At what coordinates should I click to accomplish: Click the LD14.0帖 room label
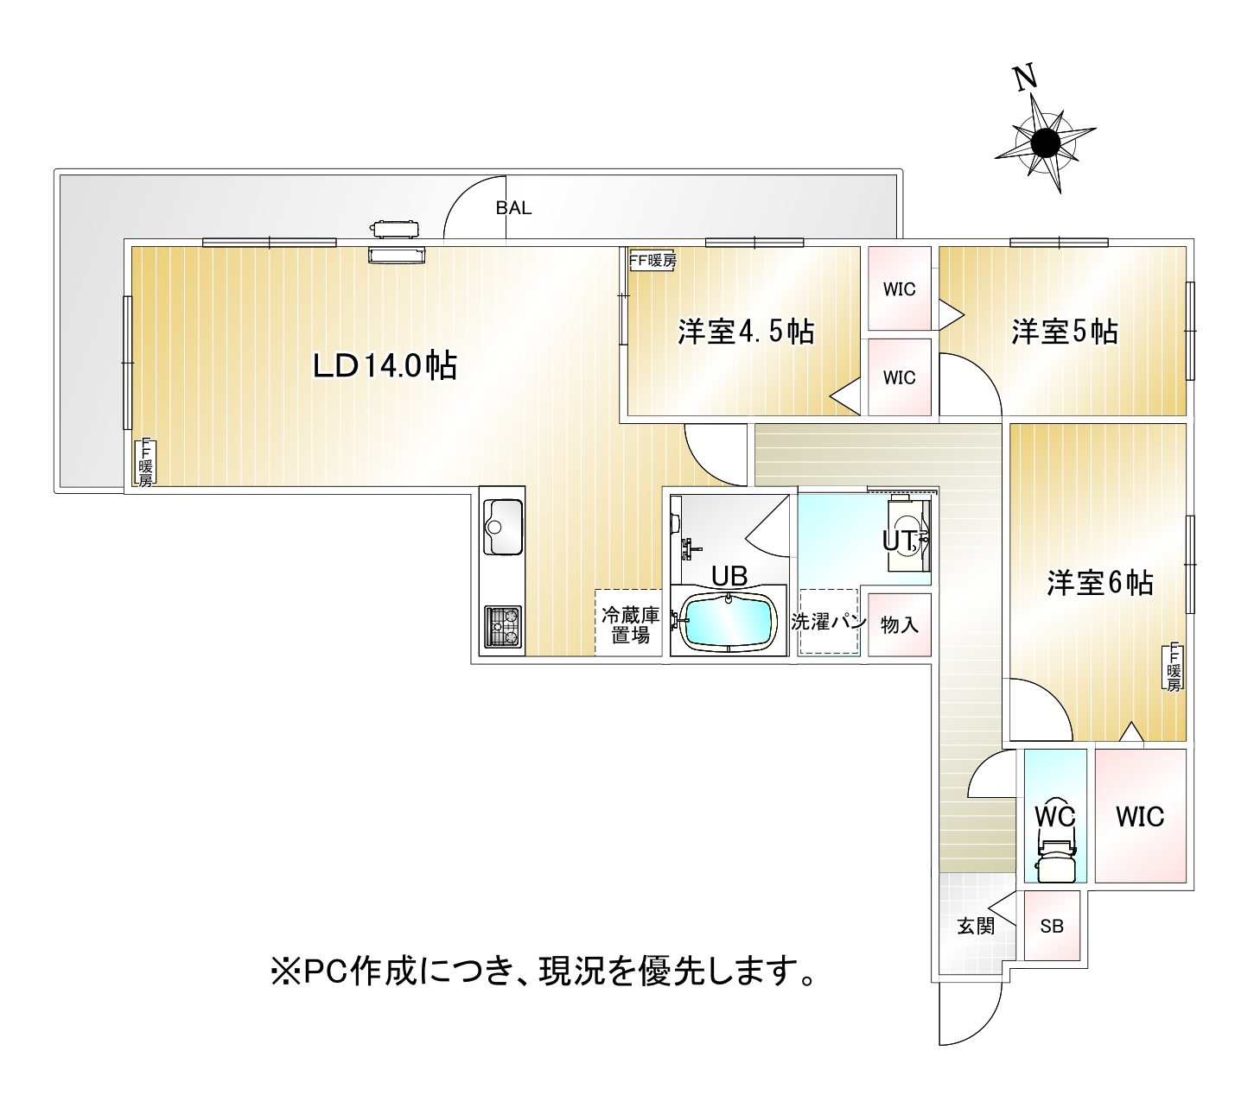pos(385,367)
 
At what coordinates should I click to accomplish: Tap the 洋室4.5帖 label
pos(745,332)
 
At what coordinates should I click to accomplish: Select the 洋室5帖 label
pos(1065,332)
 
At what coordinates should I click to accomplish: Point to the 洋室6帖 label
pos(1099,583)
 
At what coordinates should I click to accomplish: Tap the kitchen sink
pos(502,526)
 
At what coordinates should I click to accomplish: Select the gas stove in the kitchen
pos(503,626)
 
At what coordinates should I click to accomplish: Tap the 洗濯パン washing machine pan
pos(828,623)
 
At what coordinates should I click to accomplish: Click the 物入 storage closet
pos(899,624)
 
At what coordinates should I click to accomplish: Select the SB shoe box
pos(1052,927)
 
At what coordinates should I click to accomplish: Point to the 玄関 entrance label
pos(976,927)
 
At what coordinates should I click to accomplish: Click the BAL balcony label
pos(513,208)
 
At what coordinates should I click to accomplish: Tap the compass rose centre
pos(1045,142)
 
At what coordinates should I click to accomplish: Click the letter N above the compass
pos(1025,79)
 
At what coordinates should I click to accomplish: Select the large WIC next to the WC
pos(1139,815)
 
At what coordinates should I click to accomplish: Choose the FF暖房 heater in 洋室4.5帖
pos(652,260)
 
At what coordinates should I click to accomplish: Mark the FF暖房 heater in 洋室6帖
pos(1173,667)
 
